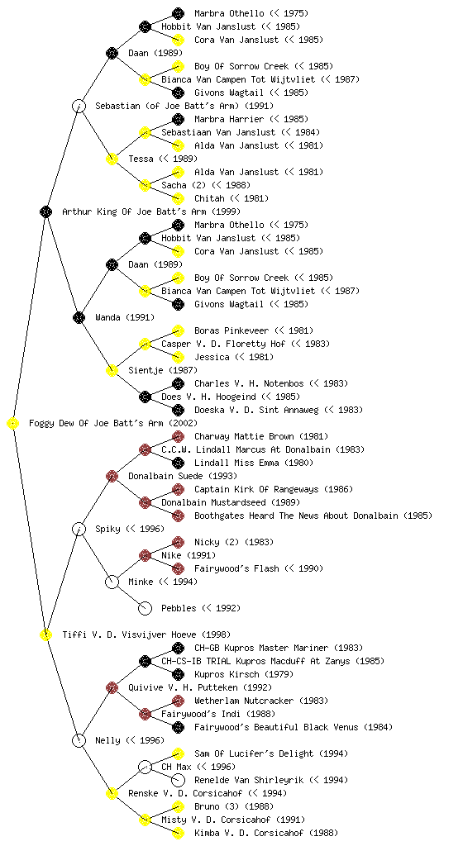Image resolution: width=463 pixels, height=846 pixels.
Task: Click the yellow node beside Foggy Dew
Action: coord(13,424)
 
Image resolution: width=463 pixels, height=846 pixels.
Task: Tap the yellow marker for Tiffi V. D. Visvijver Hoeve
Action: coord(45,635)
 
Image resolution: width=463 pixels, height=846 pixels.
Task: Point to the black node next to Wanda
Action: coord(79,318)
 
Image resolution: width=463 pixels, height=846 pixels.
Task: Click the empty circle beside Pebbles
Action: coord(145,609)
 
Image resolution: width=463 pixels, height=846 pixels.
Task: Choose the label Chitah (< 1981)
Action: coord(231,198)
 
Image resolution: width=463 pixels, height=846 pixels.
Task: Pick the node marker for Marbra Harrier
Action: coord(178,119)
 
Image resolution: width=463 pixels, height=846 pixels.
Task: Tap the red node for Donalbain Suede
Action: coord(112,477)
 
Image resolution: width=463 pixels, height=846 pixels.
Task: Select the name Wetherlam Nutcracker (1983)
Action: coord(260,701)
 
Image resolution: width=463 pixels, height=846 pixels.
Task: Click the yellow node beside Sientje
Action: coord(112,371)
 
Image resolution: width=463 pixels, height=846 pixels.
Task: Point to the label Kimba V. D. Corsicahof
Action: coord(250,833)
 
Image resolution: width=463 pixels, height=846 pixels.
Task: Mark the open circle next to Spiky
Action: coord(79,530)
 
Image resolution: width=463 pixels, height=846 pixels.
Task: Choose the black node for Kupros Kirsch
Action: coord(178,674)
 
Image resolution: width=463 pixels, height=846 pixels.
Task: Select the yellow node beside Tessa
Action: coord(112,159)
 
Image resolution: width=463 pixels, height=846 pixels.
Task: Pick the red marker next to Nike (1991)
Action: coord(145,556)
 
